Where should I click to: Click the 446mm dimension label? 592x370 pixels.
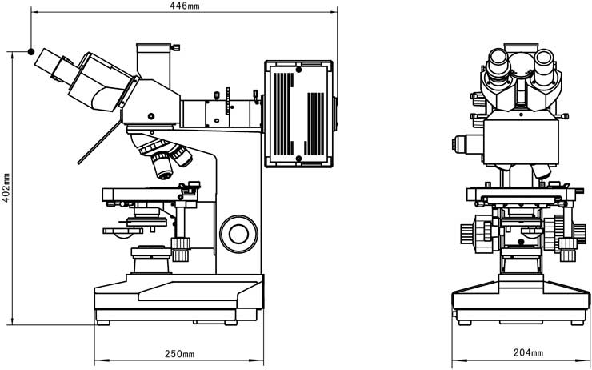[185, 6]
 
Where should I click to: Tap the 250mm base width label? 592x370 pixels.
[178, 354]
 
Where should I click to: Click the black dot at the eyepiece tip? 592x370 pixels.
[31, 52]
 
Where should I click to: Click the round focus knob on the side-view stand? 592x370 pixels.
[238, 232]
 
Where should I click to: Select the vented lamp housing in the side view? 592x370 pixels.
[298, 112]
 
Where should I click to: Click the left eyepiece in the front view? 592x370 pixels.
[498, 62]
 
